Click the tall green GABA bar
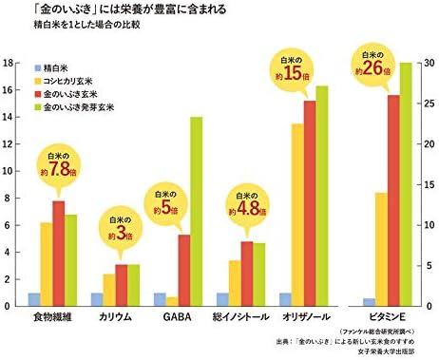click(197, 212)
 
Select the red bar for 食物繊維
click(59, 254)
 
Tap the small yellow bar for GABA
click(172, 302)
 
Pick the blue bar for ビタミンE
click(369, 302)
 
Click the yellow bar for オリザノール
click(297, 215)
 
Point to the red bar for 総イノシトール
click(247, 274)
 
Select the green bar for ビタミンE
click(406, 184)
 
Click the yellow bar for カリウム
click(109, 290)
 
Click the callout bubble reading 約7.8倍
click(59, 166)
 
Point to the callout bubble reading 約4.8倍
click(248, 205)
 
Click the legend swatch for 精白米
click(38, 68)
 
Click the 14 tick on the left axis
click(9, 117)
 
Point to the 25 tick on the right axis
click(429, 104)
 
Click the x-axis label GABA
click(178, 317)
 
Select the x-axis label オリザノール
click(306, 317)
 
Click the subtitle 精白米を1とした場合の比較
click(86, 25)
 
